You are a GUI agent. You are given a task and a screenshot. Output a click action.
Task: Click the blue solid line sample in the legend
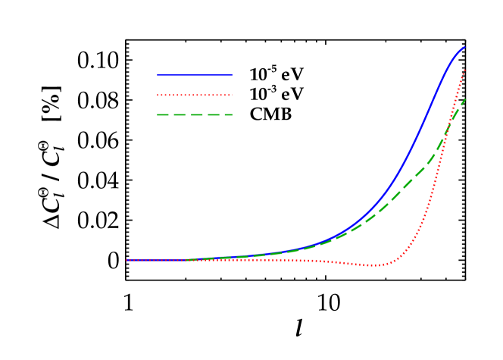195,74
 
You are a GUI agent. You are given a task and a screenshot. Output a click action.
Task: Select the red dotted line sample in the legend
195,95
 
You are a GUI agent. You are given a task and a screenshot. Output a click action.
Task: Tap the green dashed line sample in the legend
195,115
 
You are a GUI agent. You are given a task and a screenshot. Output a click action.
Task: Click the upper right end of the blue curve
464,47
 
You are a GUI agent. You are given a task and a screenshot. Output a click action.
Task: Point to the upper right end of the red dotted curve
465,70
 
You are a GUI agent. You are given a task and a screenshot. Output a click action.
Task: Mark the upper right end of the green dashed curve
465,99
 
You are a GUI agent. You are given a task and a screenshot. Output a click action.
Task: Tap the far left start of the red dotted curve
127,260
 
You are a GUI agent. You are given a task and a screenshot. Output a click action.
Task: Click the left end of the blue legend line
158,74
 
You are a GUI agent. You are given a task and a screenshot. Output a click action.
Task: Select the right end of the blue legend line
232,74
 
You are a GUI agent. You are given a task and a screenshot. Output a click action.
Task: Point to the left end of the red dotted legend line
158,95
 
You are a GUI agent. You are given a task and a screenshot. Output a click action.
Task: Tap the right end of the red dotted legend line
232,95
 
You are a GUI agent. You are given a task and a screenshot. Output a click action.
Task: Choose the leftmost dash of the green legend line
162,115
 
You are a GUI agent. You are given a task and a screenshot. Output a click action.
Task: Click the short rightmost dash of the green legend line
229,115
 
